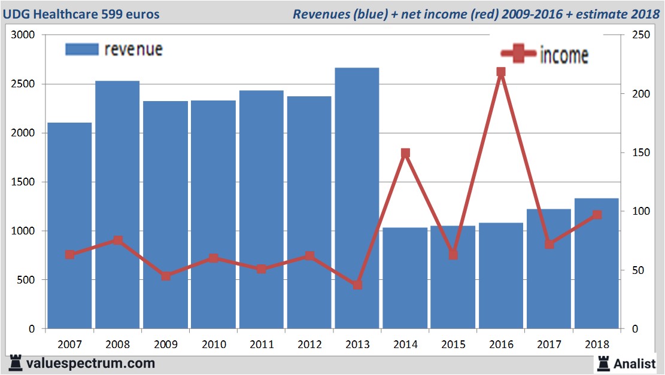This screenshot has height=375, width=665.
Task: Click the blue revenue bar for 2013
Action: coord(357,198)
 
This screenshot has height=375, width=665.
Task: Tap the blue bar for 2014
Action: coord(405,278)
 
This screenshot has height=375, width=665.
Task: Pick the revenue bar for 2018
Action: coord(596,263)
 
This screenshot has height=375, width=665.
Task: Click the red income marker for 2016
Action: coord(501,72)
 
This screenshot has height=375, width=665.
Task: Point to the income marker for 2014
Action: coord(405,153)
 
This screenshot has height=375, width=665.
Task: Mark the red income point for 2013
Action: coord(357,285)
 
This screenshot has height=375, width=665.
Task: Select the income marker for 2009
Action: coord(166,276)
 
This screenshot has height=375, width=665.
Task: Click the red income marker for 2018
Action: coord(597,215)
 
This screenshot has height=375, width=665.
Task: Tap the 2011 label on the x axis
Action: coord(262,344)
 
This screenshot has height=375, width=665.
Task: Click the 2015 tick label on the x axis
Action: coord(453,344)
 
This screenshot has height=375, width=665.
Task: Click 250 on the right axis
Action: coord(631,35)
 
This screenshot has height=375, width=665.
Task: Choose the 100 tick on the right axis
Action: coord(631,212)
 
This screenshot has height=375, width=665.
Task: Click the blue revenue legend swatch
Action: coord(81,50)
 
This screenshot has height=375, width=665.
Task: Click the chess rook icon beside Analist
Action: coord(603,362)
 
